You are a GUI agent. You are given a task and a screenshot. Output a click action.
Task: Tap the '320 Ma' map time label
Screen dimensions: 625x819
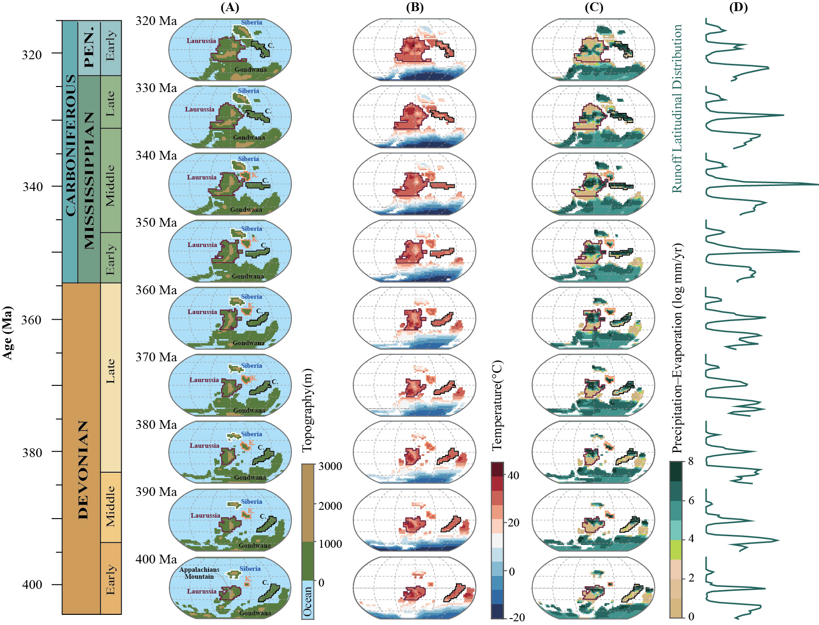tap(156, 21)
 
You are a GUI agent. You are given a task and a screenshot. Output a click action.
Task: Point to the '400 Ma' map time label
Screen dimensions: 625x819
tap(156, 559)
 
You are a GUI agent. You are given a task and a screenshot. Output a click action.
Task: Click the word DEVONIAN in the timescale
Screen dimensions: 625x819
tap(83, 470)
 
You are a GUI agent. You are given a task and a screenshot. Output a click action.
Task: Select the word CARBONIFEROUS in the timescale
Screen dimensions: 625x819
tap(70, 145)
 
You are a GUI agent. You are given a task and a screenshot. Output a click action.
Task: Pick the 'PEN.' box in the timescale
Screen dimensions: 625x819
tap(89, 48)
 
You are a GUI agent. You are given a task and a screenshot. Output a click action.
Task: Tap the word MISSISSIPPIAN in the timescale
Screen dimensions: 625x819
tap(89, 180)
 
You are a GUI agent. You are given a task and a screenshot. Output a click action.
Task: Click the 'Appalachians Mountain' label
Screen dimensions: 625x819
tap(199, 573)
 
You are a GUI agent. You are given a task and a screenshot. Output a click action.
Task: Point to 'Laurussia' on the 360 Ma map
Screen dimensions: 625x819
tap(202, 312)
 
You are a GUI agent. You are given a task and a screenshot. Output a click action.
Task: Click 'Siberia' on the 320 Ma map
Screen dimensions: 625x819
tap(252, 22)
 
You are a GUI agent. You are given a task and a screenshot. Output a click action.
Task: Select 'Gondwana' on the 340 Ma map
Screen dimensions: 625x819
tap(246, 210)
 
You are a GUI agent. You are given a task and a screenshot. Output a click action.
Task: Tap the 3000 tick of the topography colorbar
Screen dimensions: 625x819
tap(330, 466)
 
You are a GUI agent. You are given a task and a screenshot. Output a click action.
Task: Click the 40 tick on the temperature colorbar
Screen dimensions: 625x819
tap(513, 476)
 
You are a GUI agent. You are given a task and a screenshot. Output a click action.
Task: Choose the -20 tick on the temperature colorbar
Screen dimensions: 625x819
tap(517, 617)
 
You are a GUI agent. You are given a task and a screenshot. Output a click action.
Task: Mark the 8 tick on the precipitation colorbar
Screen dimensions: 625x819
tap(691, 461)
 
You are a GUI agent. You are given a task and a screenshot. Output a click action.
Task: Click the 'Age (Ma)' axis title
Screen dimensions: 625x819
tap(7, 332)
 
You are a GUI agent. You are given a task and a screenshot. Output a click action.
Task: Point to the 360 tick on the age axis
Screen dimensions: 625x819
tap(32, 320)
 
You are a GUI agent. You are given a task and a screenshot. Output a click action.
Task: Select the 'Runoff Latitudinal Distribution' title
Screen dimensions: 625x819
tap(677, 109)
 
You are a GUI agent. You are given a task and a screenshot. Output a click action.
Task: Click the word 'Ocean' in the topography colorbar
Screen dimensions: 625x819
tap(308, 601)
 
